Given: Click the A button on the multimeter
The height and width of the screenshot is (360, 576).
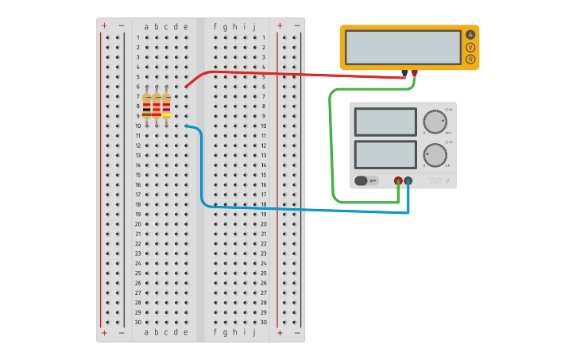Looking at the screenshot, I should tap(470, 35).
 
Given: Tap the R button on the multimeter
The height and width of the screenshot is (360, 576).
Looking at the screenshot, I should tap(470, 60).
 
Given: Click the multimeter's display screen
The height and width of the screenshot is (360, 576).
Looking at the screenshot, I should tap(404, 47).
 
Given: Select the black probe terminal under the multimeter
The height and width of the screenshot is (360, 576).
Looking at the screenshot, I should tap(404, 73).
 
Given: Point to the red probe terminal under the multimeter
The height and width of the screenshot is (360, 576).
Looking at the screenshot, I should tap(414, 73).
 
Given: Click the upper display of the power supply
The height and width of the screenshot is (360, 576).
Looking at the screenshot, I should tap(385, 122).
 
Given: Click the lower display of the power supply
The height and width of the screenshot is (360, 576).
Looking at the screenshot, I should tap(385, 154).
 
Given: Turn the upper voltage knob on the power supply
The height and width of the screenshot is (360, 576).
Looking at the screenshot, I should tap(435, 122).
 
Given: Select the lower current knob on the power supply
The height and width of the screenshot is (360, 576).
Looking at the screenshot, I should tap(435, 154).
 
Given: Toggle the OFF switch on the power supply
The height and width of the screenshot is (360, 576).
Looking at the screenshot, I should tap(366, 180).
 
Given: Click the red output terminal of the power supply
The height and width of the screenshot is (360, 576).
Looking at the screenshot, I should tap(398, 180).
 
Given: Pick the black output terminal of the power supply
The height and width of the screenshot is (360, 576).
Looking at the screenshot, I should tap(408, 180).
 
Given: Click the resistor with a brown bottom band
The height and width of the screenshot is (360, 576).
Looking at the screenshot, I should tap(147, 106).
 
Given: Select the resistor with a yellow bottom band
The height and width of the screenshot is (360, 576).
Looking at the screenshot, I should tap(166, 106).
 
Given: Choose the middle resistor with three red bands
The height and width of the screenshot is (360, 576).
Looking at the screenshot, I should tap(157, 106).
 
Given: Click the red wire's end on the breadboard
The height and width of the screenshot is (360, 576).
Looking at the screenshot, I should tap(186, 87).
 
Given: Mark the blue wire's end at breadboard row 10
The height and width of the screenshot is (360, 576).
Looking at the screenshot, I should tap(186, 126).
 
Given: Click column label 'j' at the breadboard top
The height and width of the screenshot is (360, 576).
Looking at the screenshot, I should tap(254, 26).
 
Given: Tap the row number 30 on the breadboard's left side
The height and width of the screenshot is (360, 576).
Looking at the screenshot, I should tap(137, 322).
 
